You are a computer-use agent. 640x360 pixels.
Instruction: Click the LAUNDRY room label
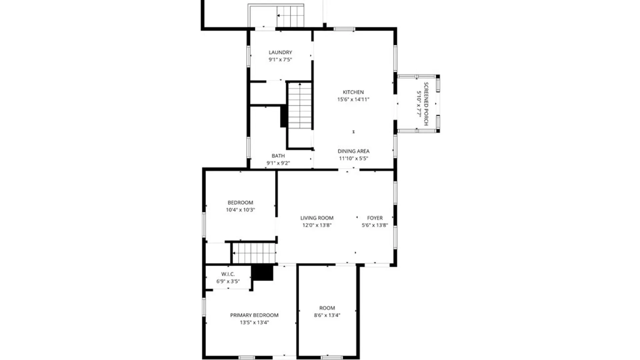(x=280, y=52)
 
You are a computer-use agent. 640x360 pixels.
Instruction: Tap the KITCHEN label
(x=353, y=92)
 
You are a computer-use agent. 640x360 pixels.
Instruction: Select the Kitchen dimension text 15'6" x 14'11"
(x=353, y=99)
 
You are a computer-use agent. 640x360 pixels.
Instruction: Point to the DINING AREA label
(x=353, y=151)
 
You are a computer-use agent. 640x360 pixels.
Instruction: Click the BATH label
(x=278, y=156)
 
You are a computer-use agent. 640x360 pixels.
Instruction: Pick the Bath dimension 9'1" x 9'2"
(x=278, y=163)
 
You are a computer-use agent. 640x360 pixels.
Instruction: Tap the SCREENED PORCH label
(x=426, y=104)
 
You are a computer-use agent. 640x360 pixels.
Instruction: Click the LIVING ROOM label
(x=317, y=218)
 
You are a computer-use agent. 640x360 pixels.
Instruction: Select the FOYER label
(x=375, y=218)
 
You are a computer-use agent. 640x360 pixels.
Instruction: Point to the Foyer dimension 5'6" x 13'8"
(x=375, y=225)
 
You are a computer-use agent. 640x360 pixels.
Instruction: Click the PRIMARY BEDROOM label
(x=254, y=315)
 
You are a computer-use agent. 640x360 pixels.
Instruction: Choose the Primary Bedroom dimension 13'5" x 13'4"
(x=254, y=323)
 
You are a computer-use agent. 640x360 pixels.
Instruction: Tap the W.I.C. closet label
(x=228, y=274)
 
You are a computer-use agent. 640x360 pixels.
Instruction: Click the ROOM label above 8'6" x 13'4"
(x=327, y=308)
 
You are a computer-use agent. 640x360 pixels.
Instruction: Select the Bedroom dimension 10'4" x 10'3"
(x=240, y=210)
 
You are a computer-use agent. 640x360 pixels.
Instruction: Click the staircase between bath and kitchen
(x=300, y=106)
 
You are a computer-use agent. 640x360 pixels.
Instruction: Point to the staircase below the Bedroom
(x=254, y=253)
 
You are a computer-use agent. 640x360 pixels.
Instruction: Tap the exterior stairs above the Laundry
(x=290, y=16)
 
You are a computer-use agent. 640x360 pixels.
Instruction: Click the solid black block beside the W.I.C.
(x=262, y=273)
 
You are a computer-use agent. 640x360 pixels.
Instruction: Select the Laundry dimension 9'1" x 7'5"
(x=280, y=60)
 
